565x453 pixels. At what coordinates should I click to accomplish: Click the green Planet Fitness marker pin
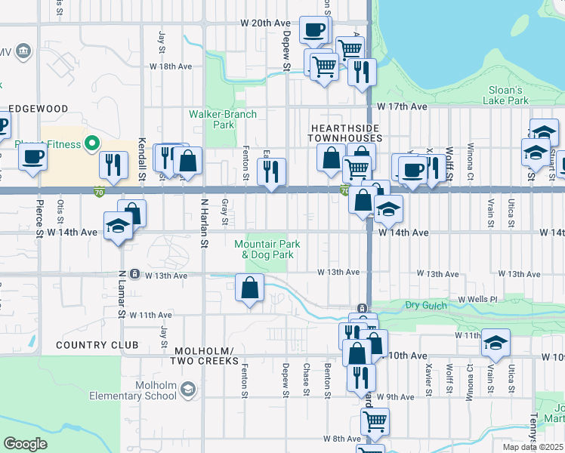92,142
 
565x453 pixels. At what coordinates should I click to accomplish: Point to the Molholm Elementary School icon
187,390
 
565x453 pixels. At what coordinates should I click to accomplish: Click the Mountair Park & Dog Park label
267,249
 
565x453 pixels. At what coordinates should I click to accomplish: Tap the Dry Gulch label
422,304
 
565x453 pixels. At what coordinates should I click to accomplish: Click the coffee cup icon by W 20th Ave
313,29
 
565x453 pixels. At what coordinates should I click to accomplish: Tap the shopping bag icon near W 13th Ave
249,288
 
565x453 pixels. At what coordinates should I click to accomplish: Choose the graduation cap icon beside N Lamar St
118,226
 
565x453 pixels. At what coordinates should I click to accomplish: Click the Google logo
26,443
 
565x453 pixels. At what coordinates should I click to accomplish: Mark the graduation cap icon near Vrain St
496,344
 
